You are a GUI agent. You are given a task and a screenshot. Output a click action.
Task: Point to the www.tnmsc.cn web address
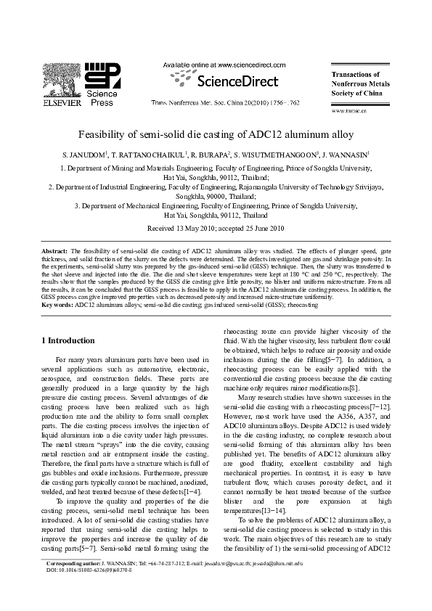pyautogui.click(x=349, y=111)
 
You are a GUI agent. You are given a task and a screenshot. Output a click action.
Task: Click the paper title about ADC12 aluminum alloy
pyautogui.click(x=216, y=134)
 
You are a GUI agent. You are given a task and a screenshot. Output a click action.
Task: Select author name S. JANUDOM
pyautogui.click(x=83, y=154)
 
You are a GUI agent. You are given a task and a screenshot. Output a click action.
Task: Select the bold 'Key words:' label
pyautogui.click(x=57, y=305)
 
